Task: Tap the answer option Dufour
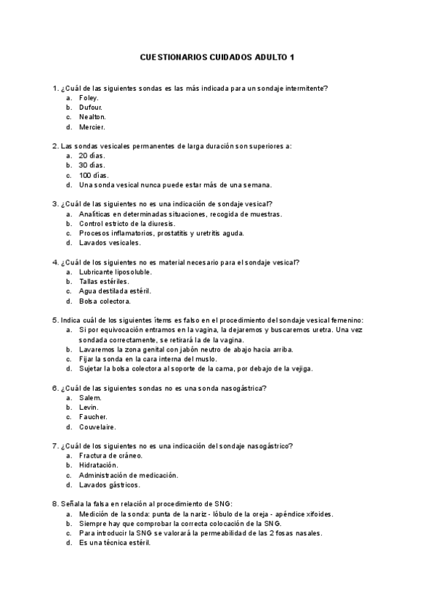(90, 107)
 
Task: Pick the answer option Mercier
(91, 126)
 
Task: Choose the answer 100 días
(93, 175)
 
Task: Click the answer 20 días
(92, 155)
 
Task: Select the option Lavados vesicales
(110, 243)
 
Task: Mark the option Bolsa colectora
(105, 301)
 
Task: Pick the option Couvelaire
(97, 427)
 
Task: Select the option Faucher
(93, 417)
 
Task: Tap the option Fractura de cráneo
(110, 456)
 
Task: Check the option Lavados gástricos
(110, 485)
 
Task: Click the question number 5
(55, 320)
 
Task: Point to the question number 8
(55, 504)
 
